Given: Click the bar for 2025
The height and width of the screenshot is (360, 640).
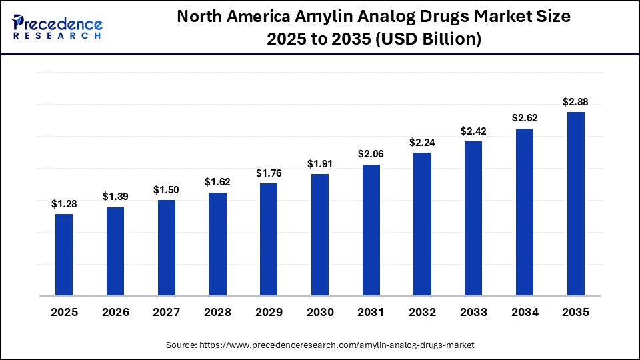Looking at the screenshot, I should click(64, 255).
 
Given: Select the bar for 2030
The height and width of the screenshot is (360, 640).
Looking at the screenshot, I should click(320, 235).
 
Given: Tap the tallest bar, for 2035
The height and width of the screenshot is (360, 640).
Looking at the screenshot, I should click(575, 203).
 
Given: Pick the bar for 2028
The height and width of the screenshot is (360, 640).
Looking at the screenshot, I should click(217, 244).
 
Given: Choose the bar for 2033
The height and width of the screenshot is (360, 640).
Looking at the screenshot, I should click(473, 218).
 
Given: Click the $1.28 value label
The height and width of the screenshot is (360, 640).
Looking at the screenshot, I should click(64, 204).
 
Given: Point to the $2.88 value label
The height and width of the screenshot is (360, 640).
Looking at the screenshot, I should click(575, 102).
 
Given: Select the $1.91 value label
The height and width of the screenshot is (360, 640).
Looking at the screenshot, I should click(320, 164).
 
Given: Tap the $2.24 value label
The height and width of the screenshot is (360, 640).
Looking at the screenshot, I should click(422, 143).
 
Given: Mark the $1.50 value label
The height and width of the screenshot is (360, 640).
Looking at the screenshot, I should click(166, 190).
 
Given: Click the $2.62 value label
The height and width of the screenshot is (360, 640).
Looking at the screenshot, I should click(524, 118).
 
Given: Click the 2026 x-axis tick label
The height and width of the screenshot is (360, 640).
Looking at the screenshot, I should click(115, 312).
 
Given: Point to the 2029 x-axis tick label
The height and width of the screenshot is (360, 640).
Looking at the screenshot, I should click(269, 312).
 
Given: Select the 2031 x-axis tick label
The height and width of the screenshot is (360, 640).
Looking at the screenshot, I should click(371, 312).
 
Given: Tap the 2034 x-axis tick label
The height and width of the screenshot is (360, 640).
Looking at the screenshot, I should click(524, 312).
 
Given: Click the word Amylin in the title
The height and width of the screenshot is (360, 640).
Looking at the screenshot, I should click(335, 17).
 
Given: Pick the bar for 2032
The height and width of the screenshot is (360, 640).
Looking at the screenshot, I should click(422, 224).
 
